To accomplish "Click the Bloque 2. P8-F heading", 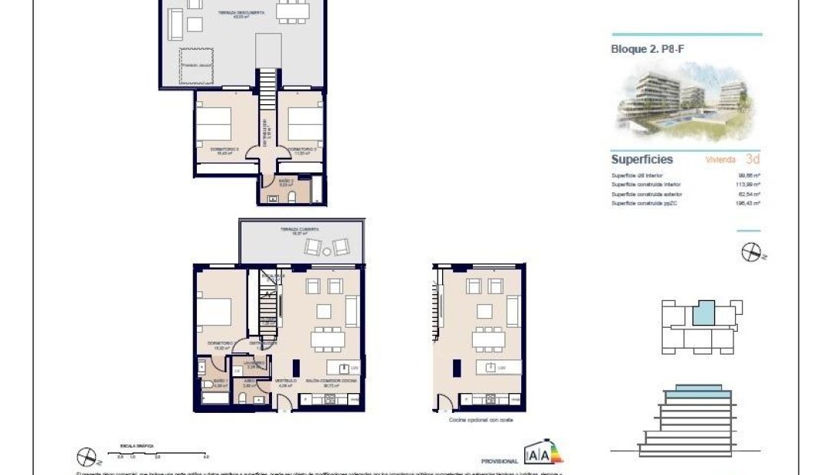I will pyautogui.click(x=642, y=47).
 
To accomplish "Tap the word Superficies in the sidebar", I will pyautogui.click(x=641, y=159).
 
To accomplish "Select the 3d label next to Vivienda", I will pyautogui.click(x=752, y=159).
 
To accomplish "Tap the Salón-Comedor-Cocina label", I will pyautogui.click(x=332, y=381).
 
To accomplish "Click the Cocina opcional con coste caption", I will pyautogui.click(x=481, y=420).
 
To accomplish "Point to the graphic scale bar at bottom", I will pyautogui.click(x=158, y=452).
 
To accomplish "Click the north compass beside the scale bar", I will pyautogui.click(x=88, y=458).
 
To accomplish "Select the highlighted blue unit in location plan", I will pyautogui.click(x=703, y=312).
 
